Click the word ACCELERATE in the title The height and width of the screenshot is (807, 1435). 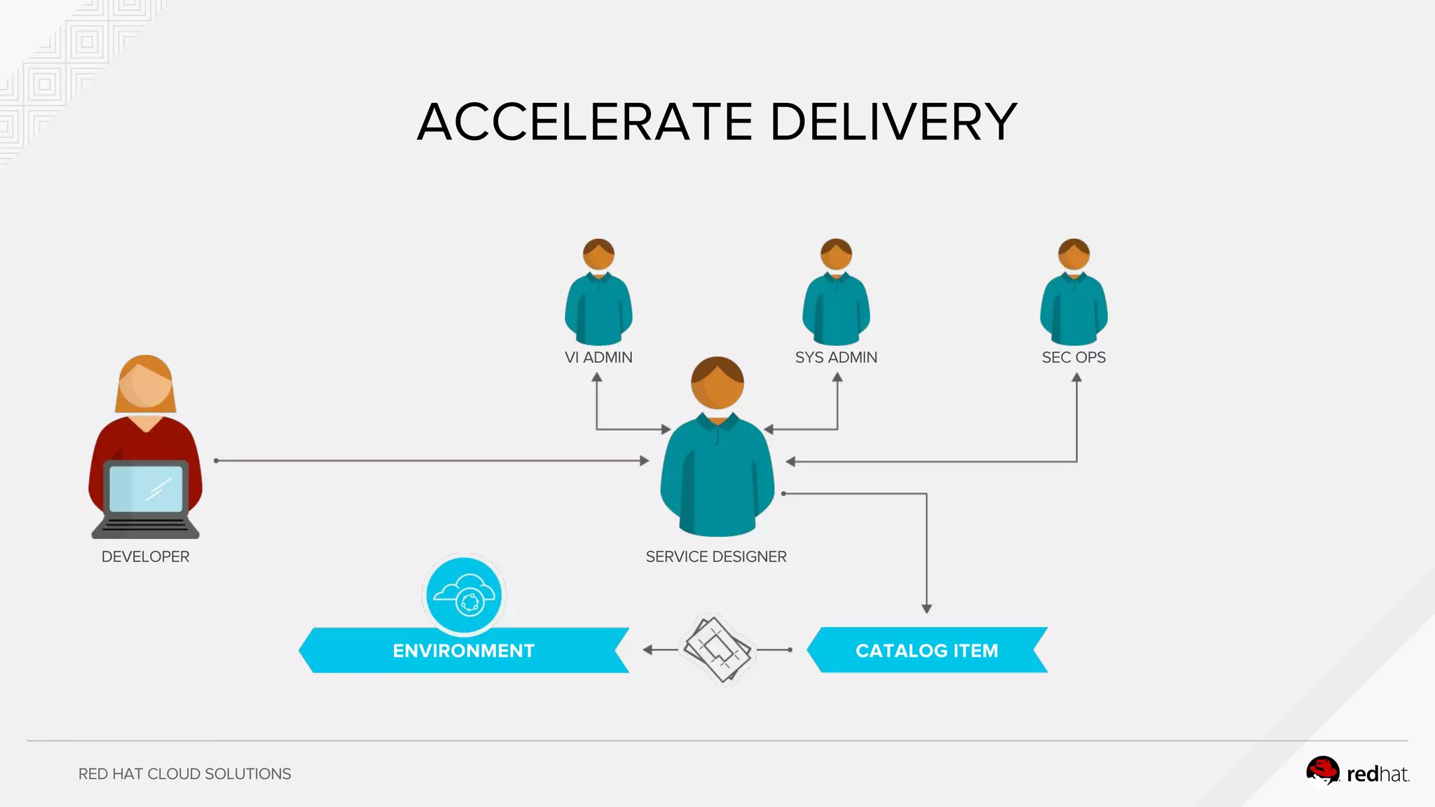(x=585, y=122)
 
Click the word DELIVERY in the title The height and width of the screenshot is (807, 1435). (x=893, y=122)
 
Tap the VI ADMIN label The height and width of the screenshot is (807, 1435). (x=598, y=357)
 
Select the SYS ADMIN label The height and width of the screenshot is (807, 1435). (x=836, y=357)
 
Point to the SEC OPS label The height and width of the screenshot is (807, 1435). (x=1073, y=357)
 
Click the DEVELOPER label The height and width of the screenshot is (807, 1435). (x=145, y=557)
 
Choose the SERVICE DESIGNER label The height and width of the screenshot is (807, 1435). (x=716, y=557)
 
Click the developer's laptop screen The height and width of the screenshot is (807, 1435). (x=146, y=488)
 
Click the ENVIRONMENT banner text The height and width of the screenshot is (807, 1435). (x=463, y=651)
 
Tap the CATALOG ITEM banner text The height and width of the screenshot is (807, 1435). (x=926, y=651)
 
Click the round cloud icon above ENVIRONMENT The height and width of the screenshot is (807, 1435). (x=464, y=595)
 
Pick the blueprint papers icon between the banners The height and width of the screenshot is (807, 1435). (x=717, y=649)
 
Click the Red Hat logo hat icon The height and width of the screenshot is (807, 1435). (x=1322, y=771)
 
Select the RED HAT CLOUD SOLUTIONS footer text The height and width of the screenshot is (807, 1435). (x=184, y=774)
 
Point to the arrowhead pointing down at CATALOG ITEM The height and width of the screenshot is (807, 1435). (x=926, y=609)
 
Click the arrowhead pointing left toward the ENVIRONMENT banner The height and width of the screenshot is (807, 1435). (x=648, y=650)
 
